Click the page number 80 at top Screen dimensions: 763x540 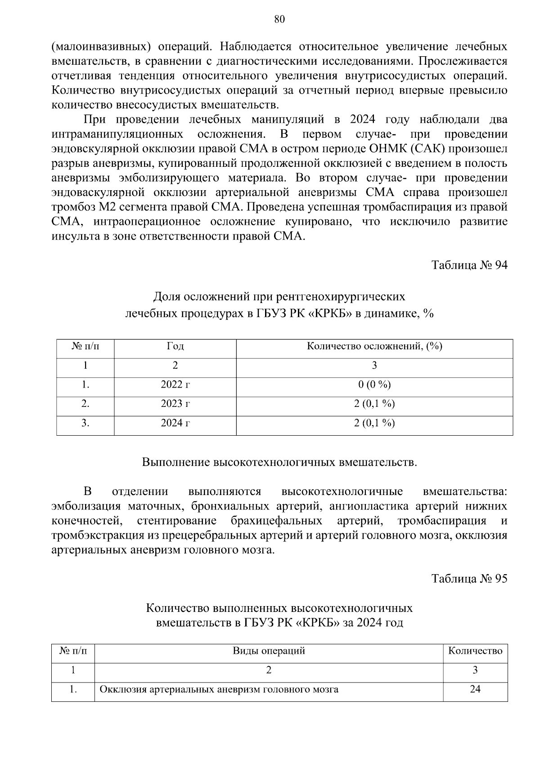[x=279, y=19]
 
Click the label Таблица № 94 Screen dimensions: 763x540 [x=469, y=265]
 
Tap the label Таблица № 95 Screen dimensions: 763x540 [x=469, y=578]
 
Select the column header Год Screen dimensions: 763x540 [x=175, y=346]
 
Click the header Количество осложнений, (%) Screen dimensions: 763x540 [x=374, y=346]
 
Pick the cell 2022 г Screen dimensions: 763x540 [x=175, y=384]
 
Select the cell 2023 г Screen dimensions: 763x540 [x=175, y=404]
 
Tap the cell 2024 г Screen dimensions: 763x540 [x=175, y=423]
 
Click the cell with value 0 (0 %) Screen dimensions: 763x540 [x=374, y=384]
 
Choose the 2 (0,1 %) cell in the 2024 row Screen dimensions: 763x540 [x=374, y=423]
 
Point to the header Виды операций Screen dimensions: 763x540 [x=269, y=651]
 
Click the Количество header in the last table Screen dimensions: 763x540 [x=475, y=651]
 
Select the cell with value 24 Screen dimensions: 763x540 [x=475, y=689]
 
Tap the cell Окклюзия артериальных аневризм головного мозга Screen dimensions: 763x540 [x=219, y=689]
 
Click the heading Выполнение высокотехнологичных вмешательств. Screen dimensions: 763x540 [x=279, y=462]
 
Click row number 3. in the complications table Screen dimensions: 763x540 [x=85, y=423]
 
